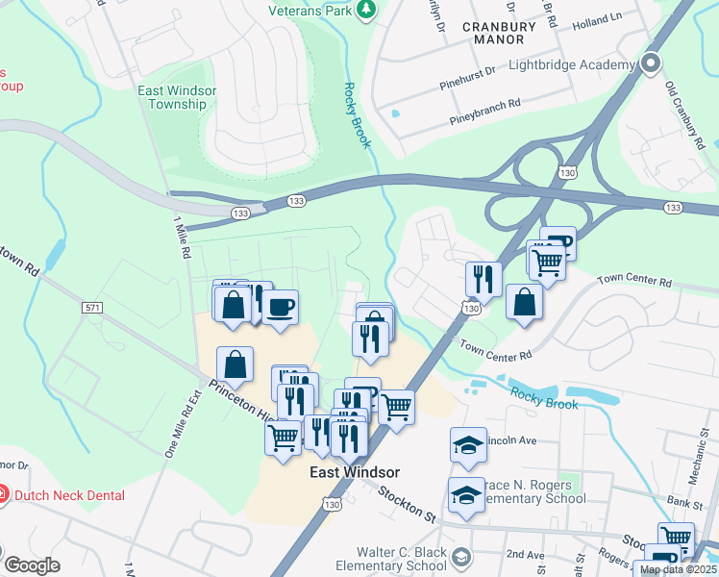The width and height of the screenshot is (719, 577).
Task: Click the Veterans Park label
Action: point(310,11)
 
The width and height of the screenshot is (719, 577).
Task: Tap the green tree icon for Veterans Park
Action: point(365,11)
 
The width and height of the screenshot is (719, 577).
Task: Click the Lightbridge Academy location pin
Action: point(651,65)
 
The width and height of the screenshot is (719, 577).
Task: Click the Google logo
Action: point(32,565)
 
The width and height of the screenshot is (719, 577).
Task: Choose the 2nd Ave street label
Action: point(525,554)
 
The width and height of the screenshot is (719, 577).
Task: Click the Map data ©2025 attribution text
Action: point(678,569)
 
